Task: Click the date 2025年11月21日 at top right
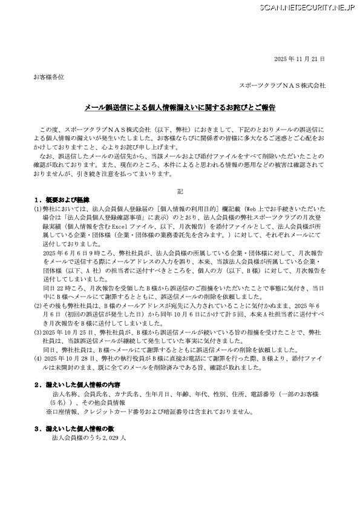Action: pyautogui.click(x=300, y=59)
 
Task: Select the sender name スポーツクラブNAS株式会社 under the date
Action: pyautogui.click(x=283, y=86)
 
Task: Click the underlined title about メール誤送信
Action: pyautogui.click(x=179, y=108)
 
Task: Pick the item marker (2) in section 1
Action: pyautogui.click(x=38, y=306)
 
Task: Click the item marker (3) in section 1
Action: pyautogui.click(x=38, y=332)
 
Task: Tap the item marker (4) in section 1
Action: pyautogui.click(x=38, y=358)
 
